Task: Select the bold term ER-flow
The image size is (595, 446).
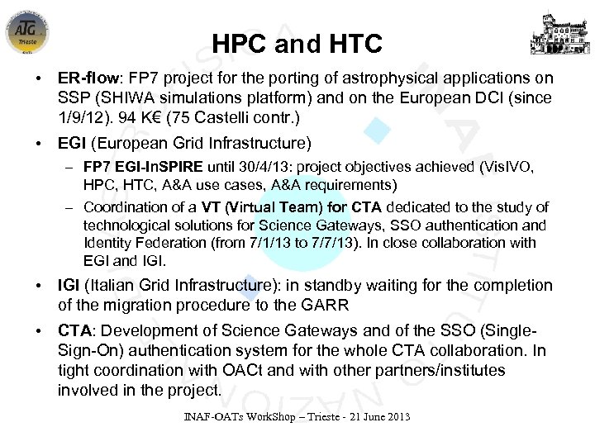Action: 85,78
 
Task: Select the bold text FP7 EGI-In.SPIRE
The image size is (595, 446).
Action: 146,168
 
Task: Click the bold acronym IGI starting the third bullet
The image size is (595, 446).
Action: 69,286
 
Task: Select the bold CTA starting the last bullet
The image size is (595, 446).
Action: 74,330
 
